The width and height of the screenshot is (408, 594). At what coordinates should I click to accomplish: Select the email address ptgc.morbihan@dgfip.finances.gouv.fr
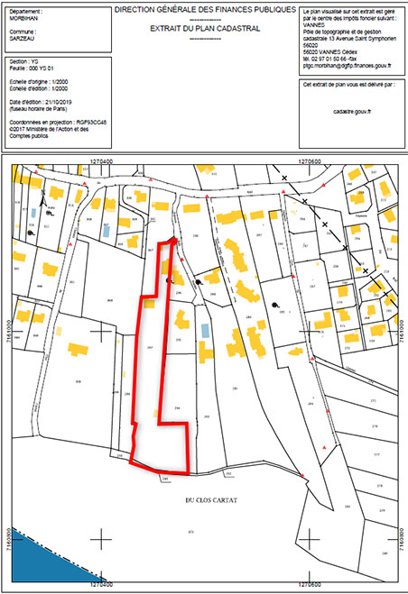click(x=348, y=66)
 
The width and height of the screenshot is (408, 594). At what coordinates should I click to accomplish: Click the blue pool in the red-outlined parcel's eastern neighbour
click(x=205, y=330)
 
